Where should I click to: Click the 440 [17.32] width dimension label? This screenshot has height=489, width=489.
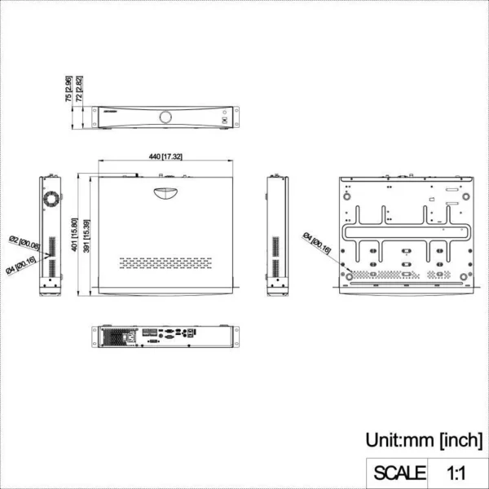(x=165, y=156)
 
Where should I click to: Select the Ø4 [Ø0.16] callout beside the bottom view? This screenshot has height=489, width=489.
(x=316, y=244)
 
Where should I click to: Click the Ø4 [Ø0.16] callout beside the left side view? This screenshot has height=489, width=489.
(x=21, y=266)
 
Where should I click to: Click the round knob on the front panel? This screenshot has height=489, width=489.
(x=166, y=116)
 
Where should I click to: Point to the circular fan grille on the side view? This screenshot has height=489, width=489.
(x=52, y=199)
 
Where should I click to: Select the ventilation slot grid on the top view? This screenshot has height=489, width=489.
(x=165, y=263)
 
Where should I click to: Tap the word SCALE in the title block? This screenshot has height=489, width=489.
(x=399, y=472)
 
